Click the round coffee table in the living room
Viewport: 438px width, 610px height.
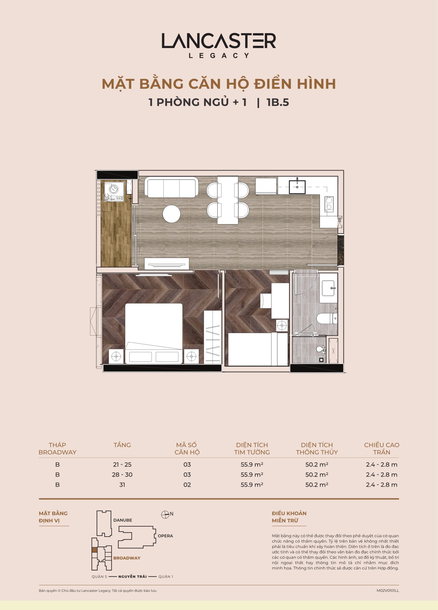(x=171, y=214)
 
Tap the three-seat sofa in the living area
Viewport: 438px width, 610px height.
(x=171, y=187)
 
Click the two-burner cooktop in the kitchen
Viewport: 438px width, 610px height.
(x=329, y=204)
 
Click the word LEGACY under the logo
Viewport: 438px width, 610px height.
(x=219, y=56)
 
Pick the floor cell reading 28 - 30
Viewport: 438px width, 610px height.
(x=122, y=475)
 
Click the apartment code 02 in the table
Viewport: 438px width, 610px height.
(x=187, y=485)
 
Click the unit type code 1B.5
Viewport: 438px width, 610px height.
(x=278, y=102)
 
